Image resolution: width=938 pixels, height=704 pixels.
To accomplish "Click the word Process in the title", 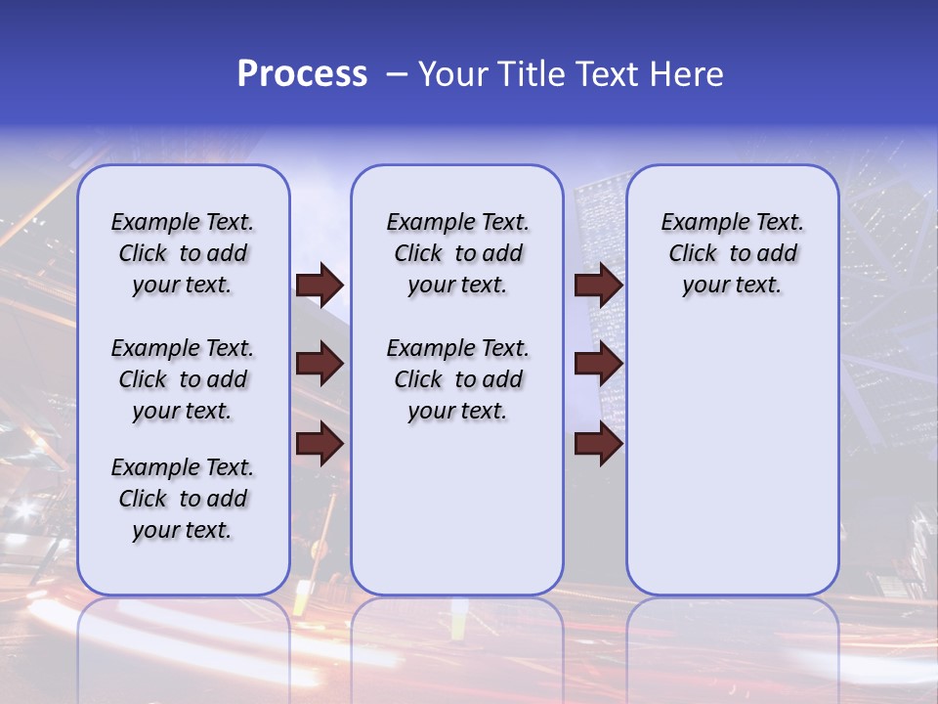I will pyautogui.click(x=302, y=74).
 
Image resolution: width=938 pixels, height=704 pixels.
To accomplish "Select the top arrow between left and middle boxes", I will pyautogui.click(x=320, y=285).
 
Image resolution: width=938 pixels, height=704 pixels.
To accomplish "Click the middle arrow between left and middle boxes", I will pyautogui.click(x=320, y=364).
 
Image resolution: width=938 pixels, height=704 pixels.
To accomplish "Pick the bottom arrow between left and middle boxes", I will pyautogui.click(x=320, y=444).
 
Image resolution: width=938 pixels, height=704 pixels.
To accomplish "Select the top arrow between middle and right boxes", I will pyautogui.click(x=598, y=285).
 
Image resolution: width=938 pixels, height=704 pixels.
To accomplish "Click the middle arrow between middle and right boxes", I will pyautogui.click(x=598, y=364).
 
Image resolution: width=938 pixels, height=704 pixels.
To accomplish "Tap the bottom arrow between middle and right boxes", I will pyautogui.click(x=598, y=444).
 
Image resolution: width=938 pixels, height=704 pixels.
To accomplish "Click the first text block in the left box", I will pyautogui.click(x=183, y=253).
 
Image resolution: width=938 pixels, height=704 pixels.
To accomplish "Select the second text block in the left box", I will pyautogui.click(x=183, y=379).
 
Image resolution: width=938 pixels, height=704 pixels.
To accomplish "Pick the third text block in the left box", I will pyautogui.click(x=183, y=499).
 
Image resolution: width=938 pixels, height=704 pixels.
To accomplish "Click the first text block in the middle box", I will pyautogui.click(x=457, y=253).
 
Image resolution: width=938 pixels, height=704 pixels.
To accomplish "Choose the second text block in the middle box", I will pyautogui.click(x=457, y=379).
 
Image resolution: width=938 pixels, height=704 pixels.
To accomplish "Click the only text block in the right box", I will pyautogui.click(x=732, y=253).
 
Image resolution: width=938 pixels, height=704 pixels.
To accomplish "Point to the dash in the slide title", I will pyautogui.click(x=397, y=75).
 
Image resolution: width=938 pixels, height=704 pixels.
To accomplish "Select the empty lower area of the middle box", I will pyautogui.click(x=457, y=508).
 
